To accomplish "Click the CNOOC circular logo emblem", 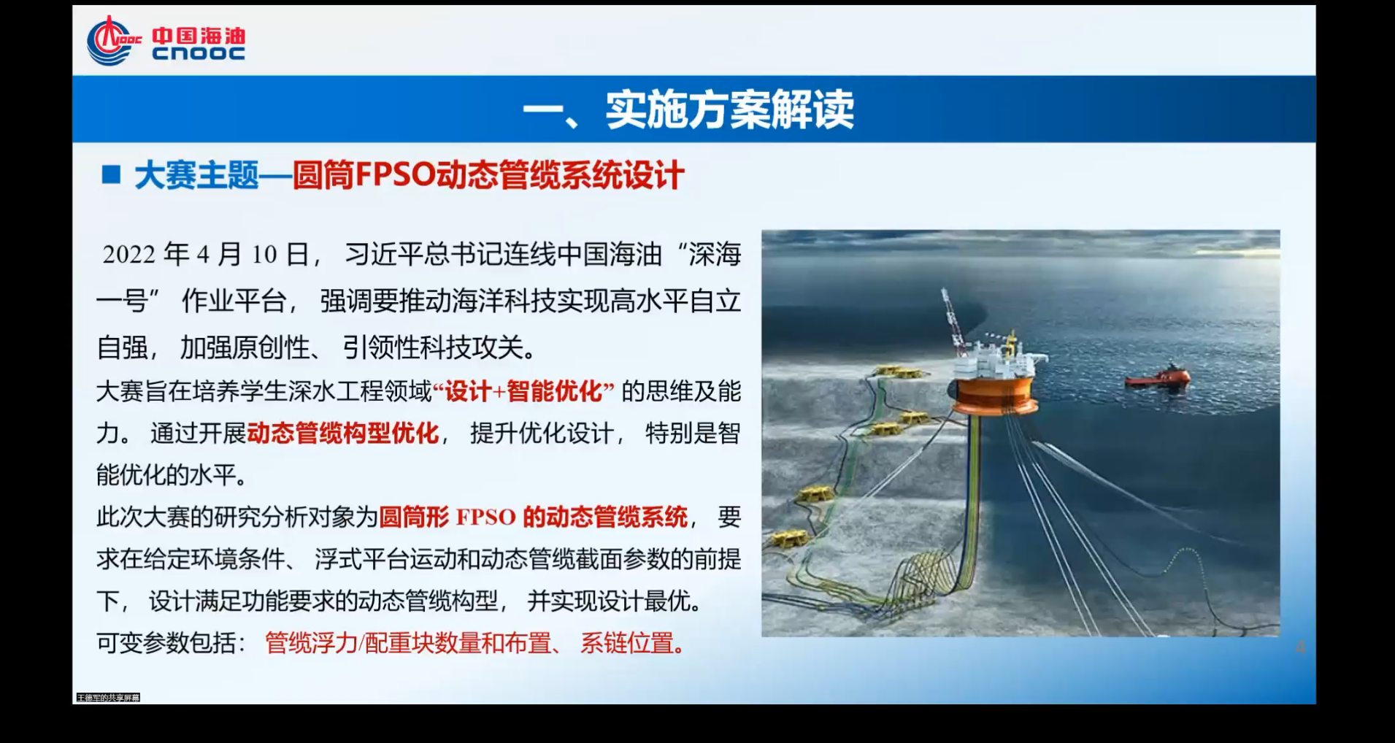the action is coord(111,41).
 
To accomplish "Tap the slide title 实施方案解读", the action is coord(729,110).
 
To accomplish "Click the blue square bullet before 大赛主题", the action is coord(111,174).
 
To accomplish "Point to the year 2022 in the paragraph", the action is coord(129,255).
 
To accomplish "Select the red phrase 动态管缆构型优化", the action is coord(343,433).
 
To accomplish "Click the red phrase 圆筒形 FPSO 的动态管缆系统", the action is coord(534,517).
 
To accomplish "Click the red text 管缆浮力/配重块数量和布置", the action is coord(408,643).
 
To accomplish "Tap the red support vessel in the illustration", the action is coord(1158,377).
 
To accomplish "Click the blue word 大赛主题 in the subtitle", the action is coord(197,176).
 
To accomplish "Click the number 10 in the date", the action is coord(264,255).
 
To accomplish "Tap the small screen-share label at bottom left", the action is coord(108,698).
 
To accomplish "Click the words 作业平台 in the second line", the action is coord(234,301).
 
